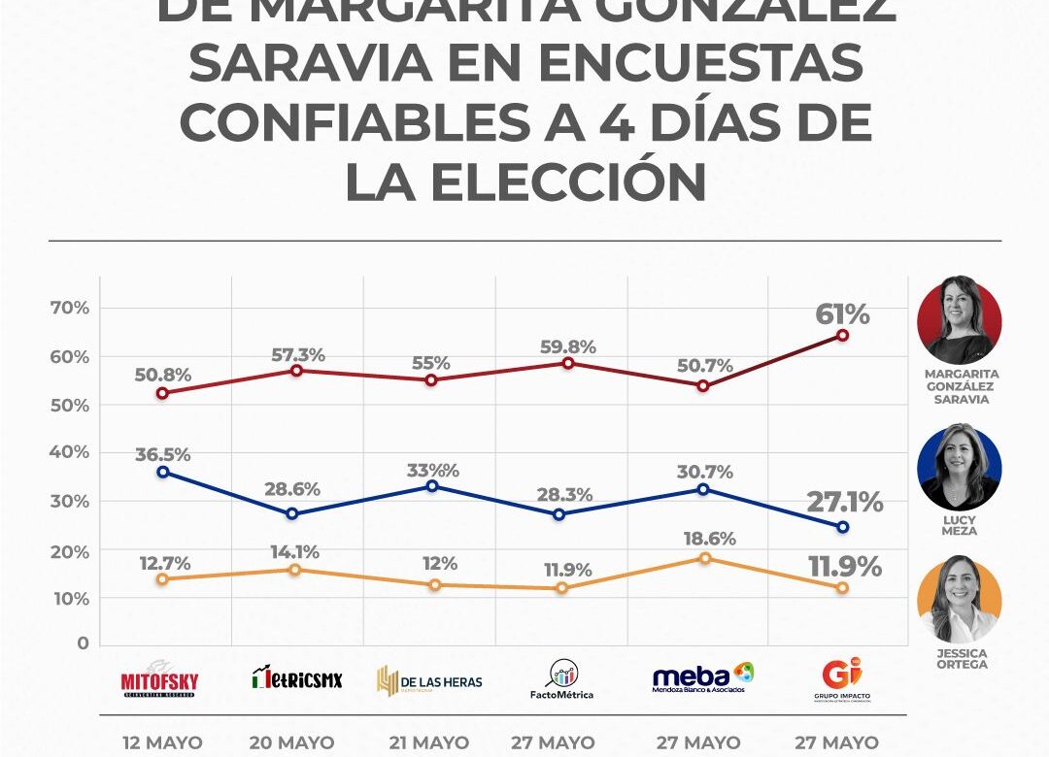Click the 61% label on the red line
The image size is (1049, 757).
[x=842, y=314]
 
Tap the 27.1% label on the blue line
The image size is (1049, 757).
[x=844, y=503]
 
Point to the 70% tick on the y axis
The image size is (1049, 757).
[x=69, y=308]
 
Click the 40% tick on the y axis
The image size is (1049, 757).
[x=69, y=452]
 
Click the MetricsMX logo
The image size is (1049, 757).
[x=297, y=677]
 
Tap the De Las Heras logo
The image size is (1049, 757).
[x=429, y=680]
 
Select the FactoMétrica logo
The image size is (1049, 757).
[x=561, y=679]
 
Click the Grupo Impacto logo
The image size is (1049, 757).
[x=842, y=679]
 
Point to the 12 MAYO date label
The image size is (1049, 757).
[x=162, y=743]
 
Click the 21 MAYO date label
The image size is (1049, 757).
[x=428, y=743]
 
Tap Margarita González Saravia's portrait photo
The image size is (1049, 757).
[x=959, y=320]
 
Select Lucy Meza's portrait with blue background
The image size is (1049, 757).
[x=959, y=467]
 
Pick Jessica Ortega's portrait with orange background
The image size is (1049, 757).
[x=959, y=599]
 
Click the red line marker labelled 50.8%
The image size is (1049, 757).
[x=162, y=393]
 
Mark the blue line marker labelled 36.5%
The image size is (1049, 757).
[x=162, y=472]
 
